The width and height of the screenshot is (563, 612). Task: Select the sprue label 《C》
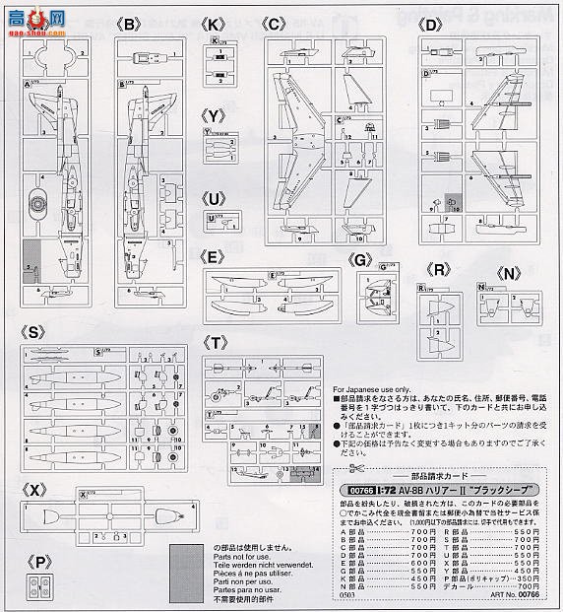[x=277, y=23]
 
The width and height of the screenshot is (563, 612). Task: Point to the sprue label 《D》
[x=430, y=23]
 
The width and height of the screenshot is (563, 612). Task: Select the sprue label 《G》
[x=360, y=258]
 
